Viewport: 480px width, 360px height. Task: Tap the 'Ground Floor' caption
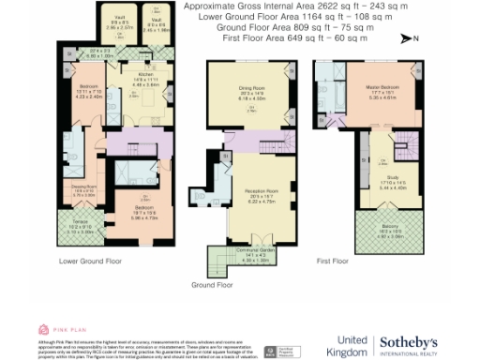210,283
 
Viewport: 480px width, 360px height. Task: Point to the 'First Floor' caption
335,260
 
